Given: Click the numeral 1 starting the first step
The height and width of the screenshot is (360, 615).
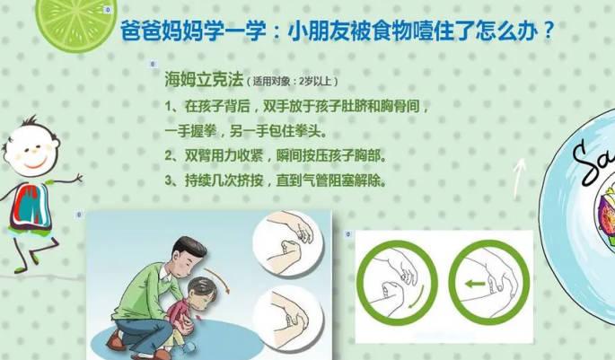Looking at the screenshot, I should click(169, 106).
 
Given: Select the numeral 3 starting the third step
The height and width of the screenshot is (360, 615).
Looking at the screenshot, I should click(169, 180).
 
